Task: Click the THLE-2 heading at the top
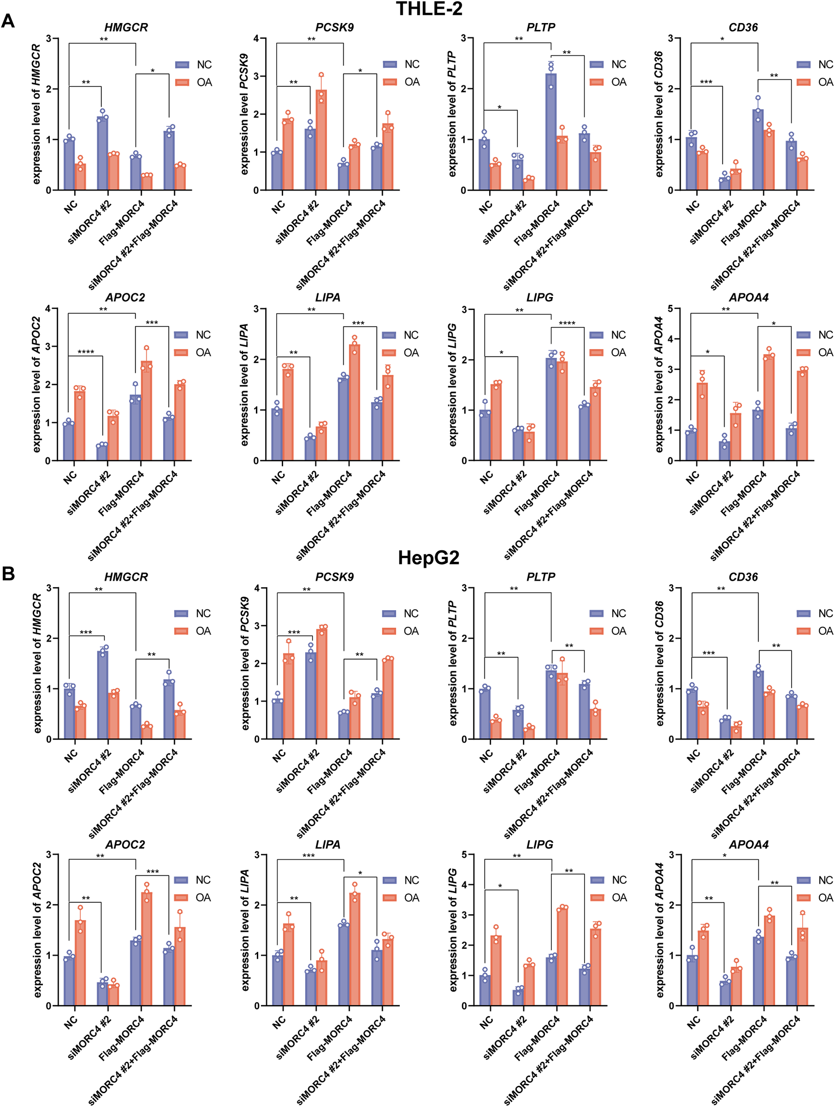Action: click(429, 8)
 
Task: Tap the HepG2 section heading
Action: click(428, 558)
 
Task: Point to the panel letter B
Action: click(8, 573)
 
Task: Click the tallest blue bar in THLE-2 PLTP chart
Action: click(551, 133)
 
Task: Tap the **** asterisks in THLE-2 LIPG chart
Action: click(567, 323)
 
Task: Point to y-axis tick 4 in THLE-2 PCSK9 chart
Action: click(256, 38)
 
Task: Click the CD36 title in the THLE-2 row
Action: click(743, 28)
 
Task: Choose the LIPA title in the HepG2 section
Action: click(328, 845)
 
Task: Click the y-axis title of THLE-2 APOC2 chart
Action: click(36, 384)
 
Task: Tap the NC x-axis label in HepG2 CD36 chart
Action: click(693, 756)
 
